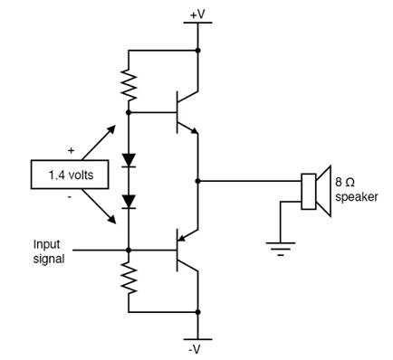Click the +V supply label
coord(197,14)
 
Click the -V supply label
coord(195,349)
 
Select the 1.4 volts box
coord(70,175)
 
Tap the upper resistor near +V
coord(129,85)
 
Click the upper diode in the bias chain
coord(129,160)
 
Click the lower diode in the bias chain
coord(129,202)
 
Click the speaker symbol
coord(316,191)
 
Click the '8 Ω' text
coord(345,183)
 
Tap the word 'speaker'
coord(357,197)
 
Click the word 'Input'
coord(46,244)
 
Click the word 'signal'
coord(49,259)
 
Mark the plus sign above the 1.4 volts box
coord(71,150)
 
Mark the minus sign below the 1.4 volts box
coord(70,197)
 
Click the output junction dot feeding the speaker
coord(197,181)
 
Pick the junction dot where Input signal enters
coord(129,250)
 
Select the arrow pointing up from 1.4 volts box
coord(99,142)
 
